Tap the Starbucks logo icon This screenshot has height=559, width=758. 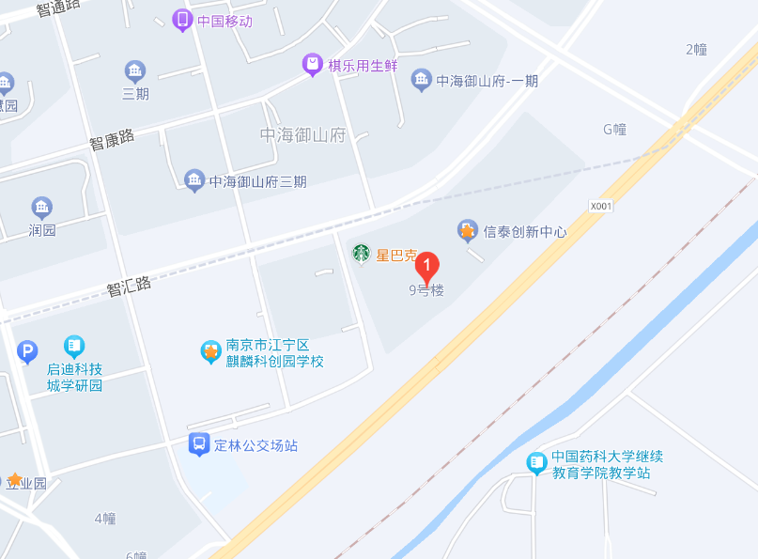[x=361, y=253]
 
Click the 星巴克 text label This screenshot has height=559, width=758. [x=395, y=254]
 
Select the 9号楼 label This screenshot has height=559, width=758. [x=426, y=291]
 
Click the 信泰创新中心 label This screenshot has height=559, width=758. [x=525, y=231]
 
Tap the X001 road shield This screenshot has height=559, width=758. [x=600, y=206]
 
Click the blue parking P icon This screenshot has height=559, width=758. [x=27, y=352]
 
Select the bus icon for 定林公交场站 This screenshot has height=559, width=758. [x=199, y=444]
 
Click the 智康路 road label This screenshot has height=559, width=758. [x=112, y=141]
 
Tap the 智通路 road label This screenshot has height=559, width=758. [x=58, y=8]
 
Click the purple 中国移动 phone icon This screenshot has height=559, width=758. [x=182, y=20]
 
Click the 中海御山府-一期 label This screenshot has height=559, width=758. [x=487, y=81]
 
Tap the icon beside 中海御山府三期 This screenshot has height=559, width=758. [x=194, y=180]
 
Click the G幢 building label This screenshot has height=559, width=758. [x=614, y=130]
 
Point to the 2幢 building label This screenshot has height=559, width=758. [x=696, y=49]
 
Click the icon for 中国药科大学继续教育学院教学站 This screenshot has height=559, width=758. [x=536, y=462]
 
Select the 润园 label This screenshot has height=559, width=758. [x=42, y=229]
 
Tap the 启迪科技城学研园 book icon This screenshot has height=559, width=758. [x=74, y=347]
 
